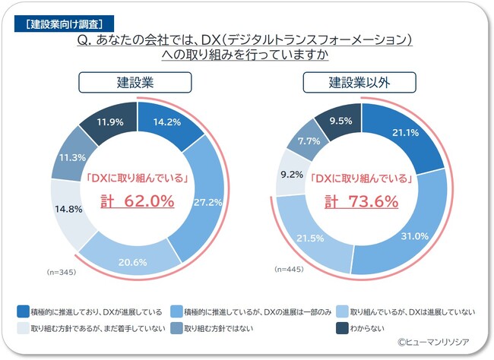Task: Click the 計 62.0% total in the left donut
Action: [x=138, y=201]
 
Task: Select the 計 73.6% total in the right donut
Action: [x=362, y=201]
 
